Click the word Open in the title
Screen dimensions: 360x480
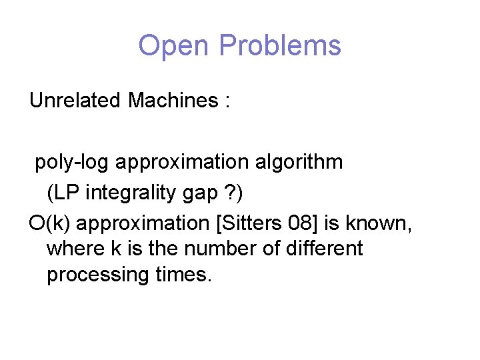pyautogui.click(x=175, y=46)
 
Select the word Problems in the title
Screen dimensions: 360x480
pyautogui.click(x=279, y=46)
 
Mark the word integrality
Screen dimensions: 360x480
pyautogui.click(x=137, y=193)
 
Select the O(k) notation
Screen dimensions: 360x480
pyautogui.click(x=48, y=223)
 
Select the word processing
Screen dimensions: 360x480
pyautogui.click(x=95, y=275)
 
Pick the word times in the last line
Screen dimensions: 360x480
pyautogui.click(x=182, y=274)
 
